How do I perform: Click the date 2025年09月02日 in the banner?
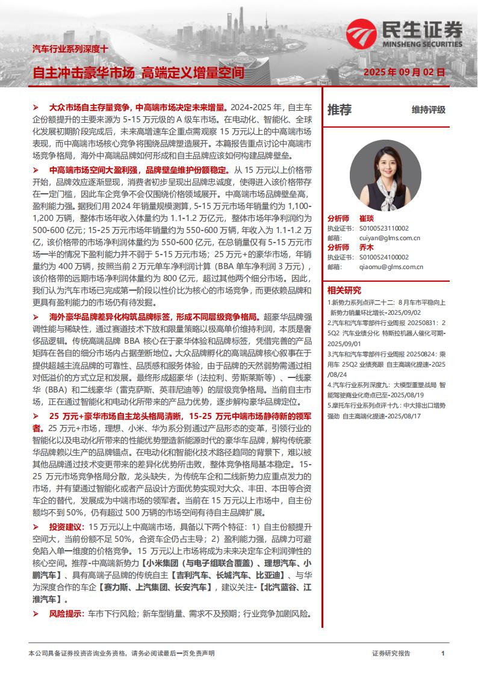click(x=404, y=72)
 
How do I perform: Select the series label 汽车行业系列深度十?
click(x=70, y=48)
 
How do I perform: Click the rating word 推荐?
click(x=340, y=110)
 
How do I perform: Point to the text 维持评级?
click(x=429, y=110)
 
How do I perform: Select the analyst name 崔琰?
click(x=367, y=219)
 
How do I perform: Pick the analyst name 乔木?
click(x=367, y=247)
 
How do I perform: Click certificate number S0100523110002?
click(x=384, y=228)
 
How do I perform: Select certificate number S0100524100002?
click(x=384, y=257)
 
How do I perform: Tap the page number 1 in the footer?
click(x=443, y=653)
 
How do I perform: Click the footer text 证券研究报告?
click(x=391, y=653)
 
